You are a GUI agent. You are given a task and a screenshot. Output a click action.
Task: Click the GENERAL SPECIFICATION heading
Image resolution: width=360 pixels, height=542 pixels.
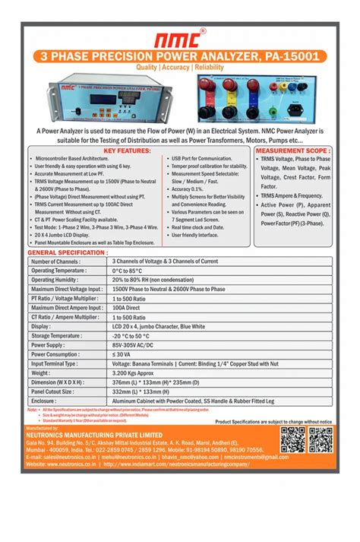click(68, 252)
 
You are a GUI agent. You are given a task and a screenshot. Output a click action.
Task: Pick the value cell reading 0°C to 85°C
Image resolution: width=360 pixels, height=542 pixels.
click(128, 270)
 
